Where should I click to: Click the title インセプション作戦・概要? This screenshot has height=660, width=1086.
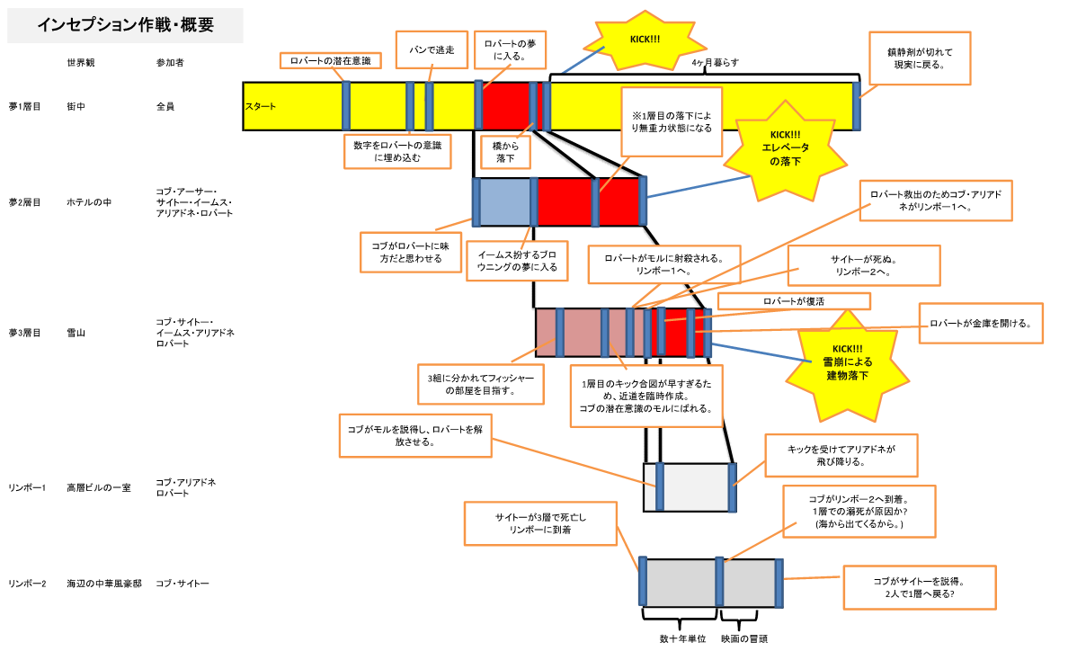pyautogui.click(x=125, y=25)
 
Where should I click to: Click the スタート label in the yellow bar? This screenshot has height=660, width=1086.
pyautogui.click(x=261, y=106)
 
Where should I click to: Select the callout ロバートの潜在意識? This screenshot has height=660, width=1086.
pyautogui.click(x=330, y=60)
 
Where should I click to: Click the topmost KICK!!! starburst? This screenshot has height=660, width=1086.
pyautogui.click(x=630, y=40)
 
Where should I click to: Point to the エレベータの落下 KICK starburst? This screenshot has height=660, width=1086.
pyautogui.click(x=786, y=147)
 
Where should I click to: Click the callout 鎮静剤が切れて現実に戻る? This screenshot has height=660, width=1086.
pyautogui.click(x=919, y=58)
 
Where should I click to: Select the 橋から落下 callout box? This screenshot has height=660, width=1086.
pyautogui.click(x=505, y=151)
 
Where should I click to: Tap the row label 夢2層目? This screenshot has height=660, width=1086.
pyautogui.click(x=25, y=202)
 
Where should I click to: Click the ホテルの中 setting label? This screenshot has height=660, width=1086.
pyautogui.click(x=89, y=202)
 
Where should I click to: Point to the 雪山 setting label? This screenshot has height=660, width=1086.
pyautogui.click(x=76, y=333)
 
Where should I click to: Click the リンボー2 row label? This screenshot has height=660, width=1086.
pyautogui.click(x=27, y=584)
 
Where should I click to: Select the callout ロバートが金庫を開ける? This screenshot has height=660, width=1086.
pyautogui.click(x=980, y=323)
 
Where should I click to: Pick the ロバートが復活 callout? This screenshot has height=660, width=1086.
pyautogui.click(x=793, y=300)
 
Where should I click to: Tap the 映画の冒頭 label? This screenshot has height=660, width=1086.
pyautogui.click(x=744, y=639)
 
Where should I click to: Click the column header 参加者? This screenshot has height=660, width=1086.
pyautogui.click(x=170, y=63)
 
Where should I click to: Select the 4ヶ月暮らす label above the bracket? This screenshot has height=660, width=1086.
pyautogui.click(x=716, y=63)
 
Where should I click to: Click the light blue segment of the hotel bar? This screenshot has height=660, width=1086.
pyautogui.click(x=506, y=201)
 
